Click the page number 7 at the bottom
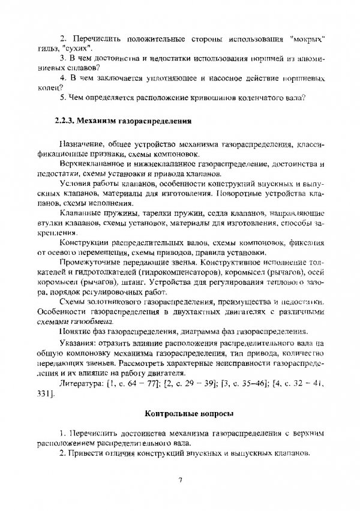coord(180,479)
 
